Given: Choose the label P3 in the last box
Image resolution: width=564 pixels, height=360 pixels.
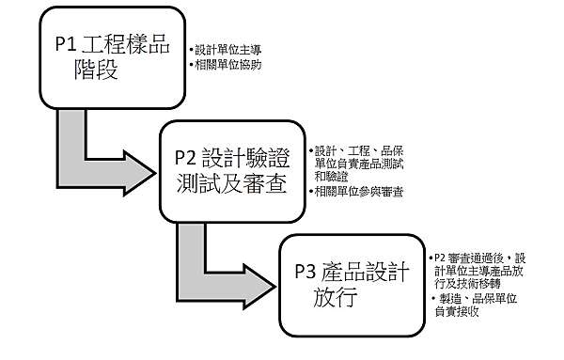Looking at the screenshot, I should point(306,274).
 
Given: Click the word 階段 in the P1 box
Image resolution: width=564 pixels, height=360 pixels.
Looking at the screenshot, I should point(93,70).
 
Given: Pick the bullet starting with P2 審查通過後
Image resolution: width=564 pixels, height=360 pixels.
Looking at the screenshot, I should point(480,271).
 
